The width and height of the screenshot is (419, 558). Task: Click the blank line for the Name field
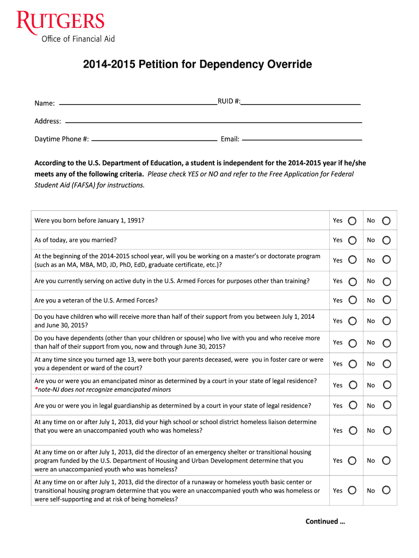click(138, 102)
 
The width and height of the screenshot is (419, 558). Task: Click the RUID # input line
click(301, 102)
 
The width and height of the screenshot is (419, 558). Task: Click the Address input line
click(213, 122)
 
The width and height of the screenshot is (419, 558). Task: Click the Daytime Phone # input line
click(155, 139)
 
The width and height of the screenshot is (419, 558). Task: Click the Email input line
click(302, 139)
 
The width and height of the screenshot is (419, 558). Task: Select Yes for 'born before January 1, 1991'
click(353, 221)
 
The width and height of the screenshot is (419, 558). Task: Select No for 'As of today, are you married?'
click(386, 240)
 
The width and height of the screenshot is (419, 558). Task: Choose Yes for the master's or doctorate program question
click(353, 260)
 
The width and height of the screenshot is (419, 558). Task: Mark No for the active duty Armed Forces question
click(386, 281)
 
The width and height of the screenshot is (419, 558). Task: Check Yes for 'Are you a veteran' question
click(353, 300)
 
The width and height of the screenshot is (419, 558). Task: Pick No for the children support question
click(386, 321)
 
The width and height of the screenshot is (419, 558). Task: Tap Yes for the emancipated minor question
click(353, 385)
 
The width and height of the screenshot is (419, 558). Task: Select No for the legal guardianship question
click(386, 405)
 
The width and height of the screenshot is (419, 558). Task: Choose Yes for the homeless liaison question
click(353, 430)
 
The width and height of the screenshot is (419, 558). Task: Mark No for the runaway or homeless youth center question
click(386, 490)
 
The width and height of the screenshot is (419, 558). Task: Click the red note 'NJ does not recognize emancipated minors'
click(103, 390)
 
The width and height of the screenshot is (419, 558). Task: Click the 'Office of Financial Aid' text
click(78, 39)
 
